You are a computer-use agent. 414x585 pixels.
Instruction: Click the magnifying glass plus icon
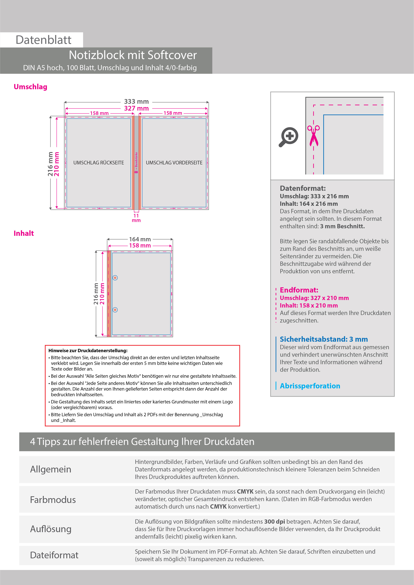click(289, 137)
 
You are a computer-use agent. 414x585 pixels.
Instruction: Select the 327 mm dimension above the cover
click(136, 108)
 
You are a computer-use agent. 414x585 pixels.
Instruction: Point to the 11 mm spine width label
click(136, 218)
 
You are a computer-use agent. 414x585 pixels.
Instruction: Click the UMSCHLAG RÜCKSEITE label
click(99, 163)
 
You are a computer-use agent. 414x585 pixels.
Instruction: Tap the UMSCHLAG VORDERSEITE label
click(174, 163)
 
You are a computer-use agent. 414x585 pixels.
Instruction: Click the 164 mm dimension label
click(140, 239)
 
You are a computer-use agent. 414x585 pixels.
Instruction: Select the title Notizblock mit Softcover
click(133, 55)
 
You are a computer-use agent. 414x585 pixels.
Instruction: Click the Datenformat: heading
click(303, 188)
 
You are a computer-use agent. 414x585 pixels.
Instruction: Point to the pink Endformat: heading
click(299, 290)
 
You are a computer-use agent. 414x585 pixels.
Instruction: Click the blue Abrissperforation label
click(310, 386)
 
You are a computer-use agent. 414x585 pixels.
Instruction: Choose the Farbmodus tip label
click(53, 500)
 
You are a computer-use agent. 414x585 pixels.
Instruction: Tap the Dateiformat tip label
click(54, 555)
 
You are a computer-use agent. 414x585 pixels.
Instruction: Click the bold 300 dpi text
click(274, 522)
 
